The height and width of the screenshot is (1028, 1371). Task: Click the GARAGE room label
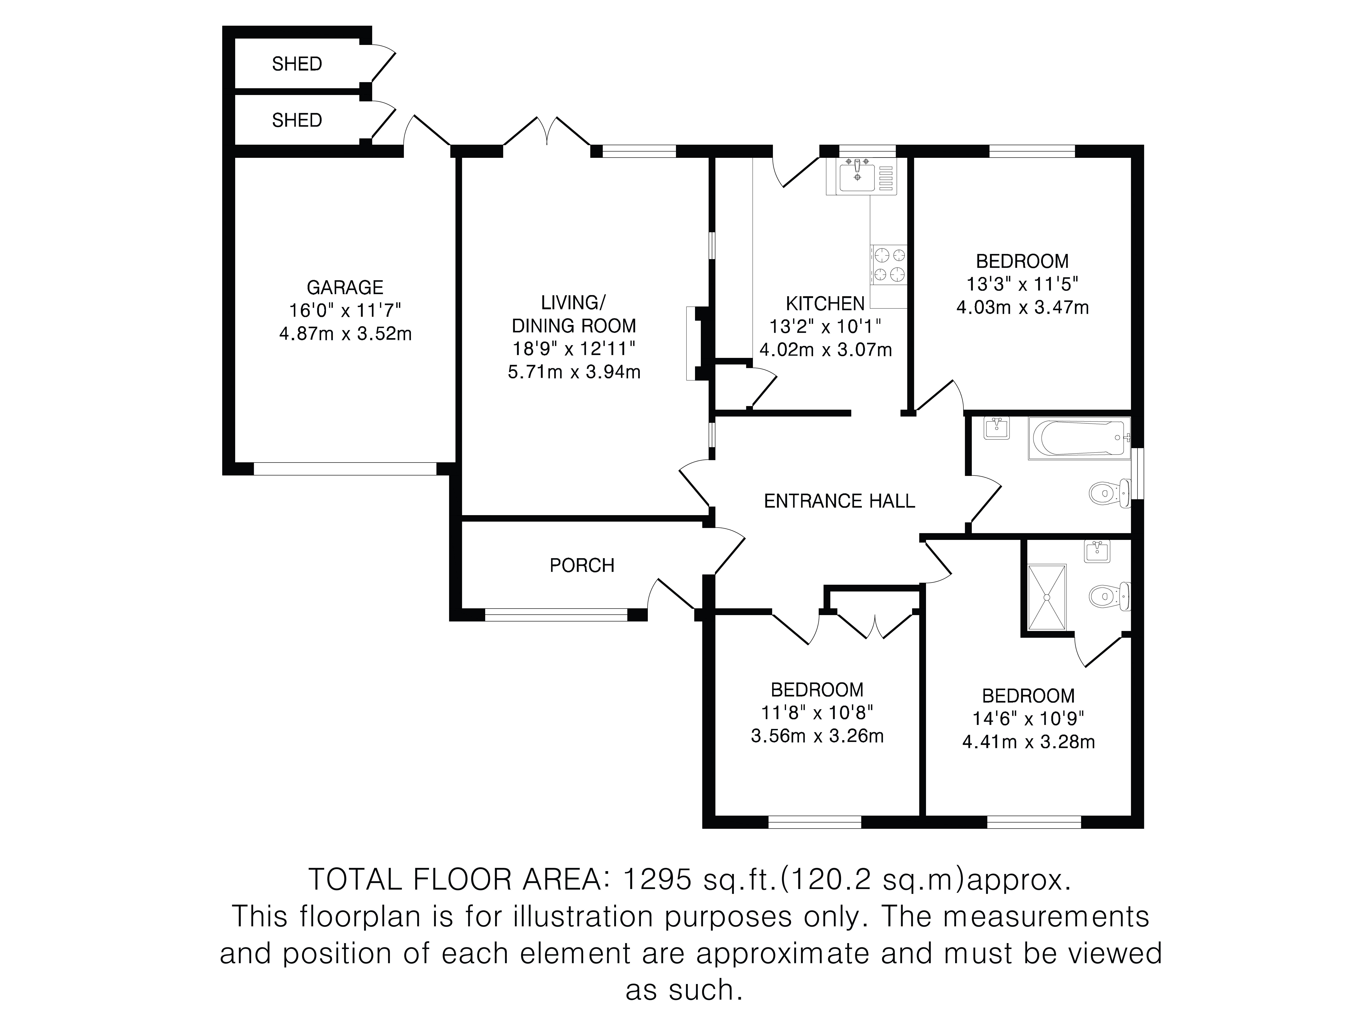click(x=345, y=287)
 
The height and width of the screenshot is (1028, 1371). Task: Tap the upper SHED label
click(x=297, y=64)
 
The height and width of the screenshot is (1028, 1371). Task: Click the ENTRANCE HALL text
click(x=839, y=501)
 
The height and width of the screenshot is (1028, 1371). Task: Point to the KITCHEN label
click(x=825, y=304)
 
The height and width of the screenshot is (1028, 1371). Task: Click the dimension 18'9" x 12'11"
click(x=574, y=349)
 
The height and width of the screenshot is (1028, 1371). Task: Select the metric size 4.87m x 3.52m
click(x=345, y=334)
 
